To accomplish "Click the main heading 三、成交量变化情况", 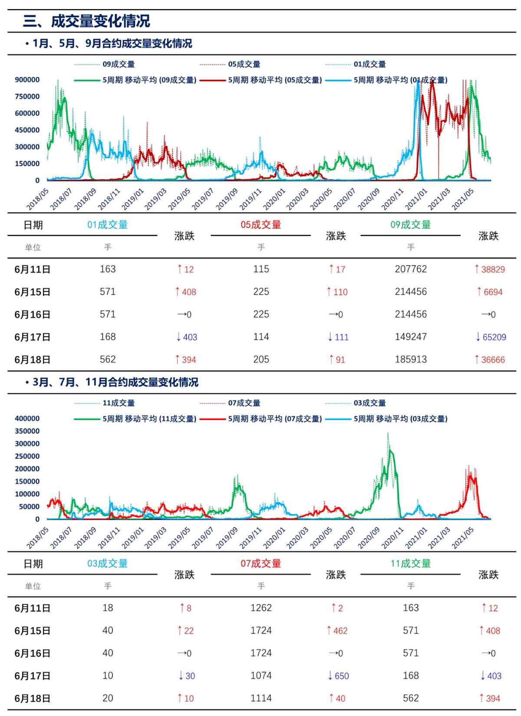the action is [86, 21].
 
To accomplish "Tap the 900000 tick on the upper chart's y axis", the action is [27, 79].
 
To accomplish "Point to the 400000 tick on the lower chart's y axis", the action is [27, 418].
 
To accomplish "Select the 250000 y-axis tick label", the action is [27, 456].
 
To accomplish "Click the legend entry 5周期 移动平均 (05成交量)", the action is [275, 80].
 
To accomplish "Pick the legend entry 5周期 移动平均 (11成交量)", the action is [149, 419].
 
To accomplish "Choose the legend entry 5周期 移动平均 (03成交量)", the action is [400, 419].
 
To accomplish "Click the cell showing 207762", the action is [411, 269].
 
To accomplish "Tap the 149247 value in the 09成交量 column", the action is [411, 337].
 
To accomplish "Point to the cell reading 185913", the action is [411, 360].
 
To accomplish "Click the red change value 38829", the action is [490, 269].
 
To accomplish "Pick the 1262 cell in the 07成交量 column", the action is [261, 608].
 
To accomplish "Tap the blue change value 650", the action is [338, 676].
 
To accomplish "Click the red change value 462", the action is [337, 631].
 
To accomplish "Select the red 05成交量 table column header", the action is [260, 225].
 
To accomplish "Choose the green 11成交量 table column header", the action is [411, 564].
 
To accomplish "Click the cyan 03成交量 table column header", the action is [108, 564].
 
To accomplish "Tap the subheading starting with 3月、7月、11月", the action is [115, 382].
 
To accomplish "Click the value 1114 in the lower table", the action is [261, 698].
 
